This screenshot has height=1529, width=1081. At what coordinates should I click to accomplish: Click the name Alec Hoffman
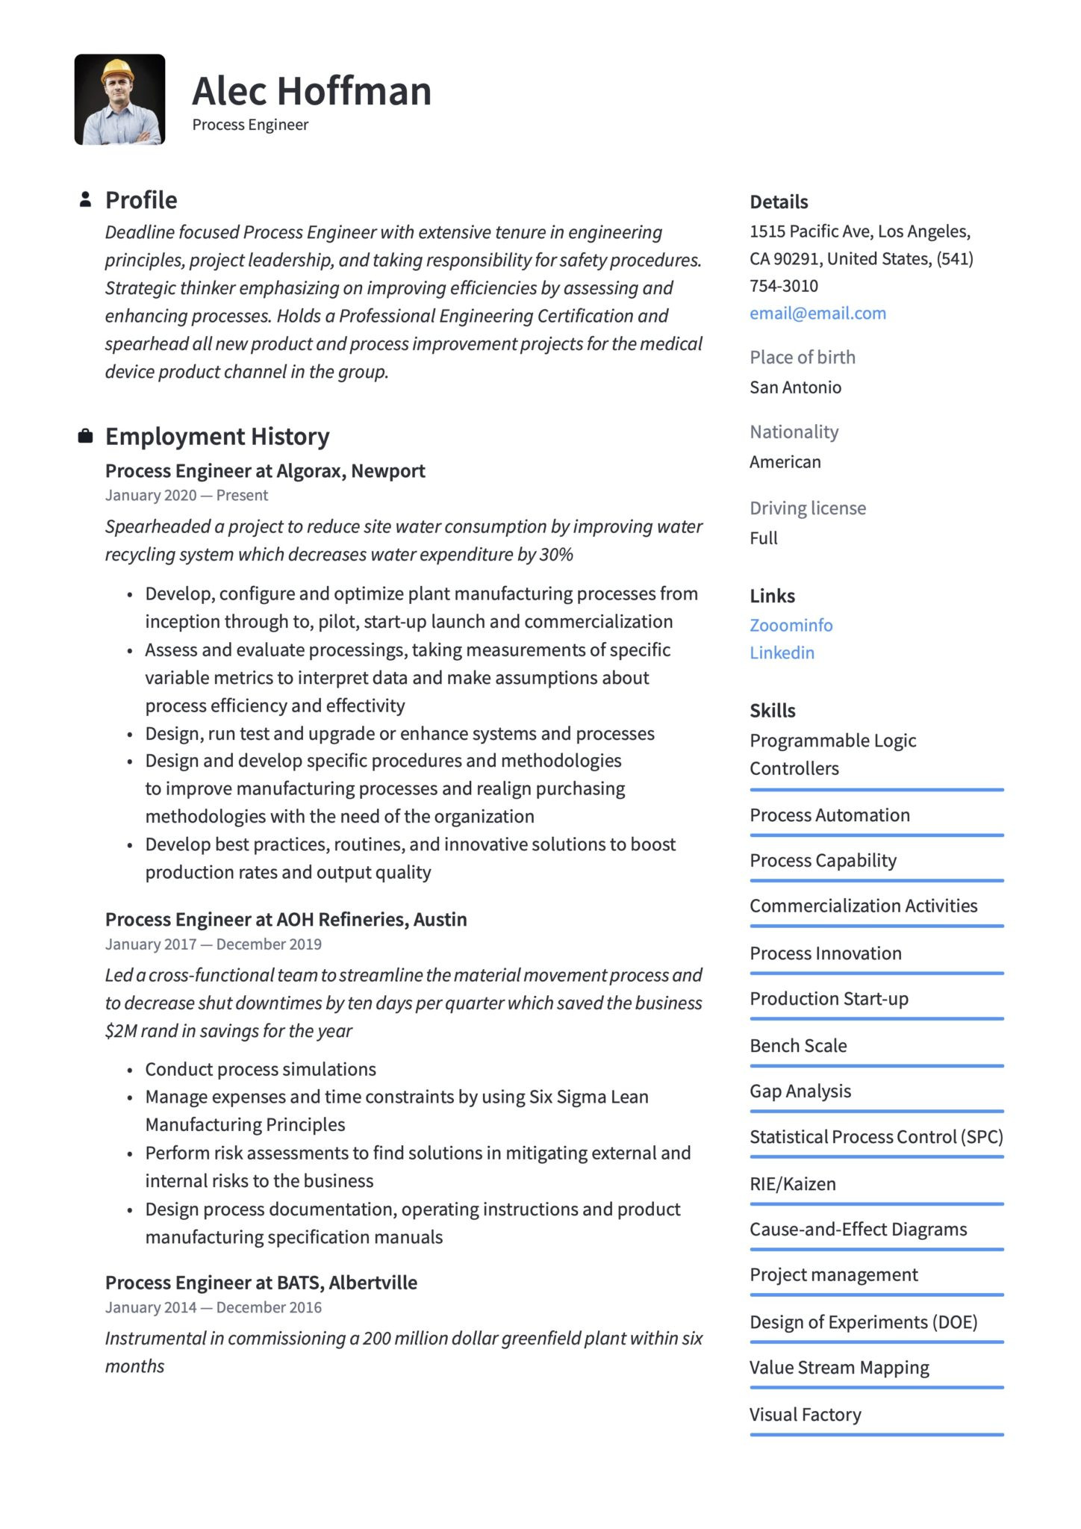[311, 91]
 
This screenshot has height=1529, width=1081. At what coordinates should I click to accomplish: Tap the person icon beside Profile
[85, 199]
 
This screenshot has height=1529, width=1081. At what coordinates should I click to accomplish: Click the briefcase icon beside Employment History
[85, 436]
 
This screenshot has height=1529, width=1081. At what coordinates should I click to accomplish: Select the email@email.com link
[817, 314]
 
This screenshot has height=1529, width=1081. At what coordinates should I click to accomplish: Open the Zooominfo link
[791, 626]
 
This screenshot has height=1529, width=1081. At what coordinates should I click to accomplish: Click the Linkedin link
[782, 653]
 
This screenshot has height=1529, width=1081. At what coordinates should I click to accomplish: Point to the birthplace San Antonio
[795, 387]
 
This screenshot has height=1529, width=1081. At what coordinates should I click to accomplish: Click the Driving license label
[808, 508]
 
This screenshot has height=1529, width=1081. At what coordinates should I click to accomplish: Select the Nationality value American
[785, 462]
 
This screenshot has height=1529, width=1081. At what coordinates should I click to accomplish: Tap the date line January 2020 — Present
[187, 496]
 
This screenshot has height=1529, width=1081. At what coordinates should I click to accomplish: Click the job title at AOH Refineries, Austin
[286, 920]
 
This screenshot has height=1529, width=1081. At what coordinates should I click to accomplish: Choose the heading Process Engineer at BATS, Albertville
[261, 1283]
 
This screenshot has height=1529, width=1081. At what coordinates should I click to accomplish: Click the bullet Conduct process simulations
[261, 1069]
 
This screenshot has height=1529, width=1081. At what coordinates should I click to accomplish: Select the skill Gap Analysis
[800, 1092]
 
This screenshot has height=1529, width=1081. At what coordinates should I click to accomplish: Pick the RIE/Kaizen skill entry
[793, 1184]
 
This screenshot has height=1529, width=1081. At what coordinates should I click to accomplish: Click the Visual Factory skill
[806, 1415]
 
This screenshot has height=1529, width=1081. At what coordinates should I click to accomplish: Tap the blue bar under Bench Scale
[876, 1065]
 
